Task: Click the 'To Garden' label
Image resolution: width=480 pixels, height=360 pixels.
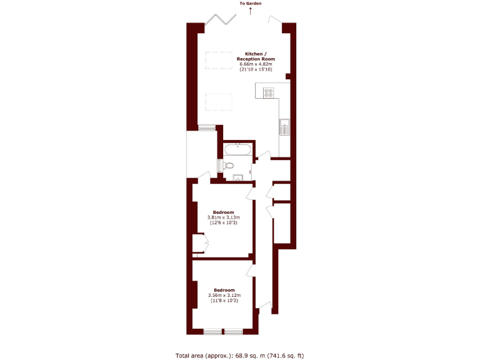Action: coord(250,4)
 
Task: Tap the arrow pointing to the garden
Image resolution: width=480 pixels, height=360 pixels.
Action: coord(250,12)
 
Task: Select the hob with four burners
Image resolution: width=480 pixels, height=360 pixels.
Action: coord(269,92)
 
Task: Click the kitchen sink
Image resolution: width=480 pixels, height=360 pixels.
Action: coord(284,127)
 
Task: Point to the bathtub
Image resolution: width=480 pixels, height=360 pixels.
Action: coord(238,150)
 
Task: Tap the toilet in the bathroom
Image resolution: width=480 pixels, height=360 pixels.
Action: coord(228,166)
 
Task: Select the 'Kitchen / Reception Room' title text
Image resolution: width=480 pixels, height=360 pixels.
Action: coord(255,56)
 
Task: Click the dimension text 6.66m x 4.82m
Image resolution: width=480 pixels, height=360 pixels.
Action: coord(255,64)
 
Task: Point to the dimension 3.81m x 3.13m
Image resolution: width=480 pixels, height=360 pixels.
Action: coord(224,217)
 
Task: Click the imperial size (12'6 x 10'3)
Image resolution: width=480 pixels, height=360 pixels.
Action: coord(224,222)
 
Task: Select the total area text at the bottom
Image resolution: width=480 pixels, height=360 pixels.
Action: coord(240,355)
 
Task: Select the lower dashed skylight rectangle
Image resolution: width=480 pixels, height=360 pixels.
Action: coord(219,101)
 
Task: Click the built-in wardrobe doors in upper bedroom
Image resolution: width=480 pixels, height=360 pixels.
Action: coord(199,243)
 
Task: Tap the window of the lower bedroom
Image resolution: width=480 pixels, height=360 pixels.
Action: coord(223,331)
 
